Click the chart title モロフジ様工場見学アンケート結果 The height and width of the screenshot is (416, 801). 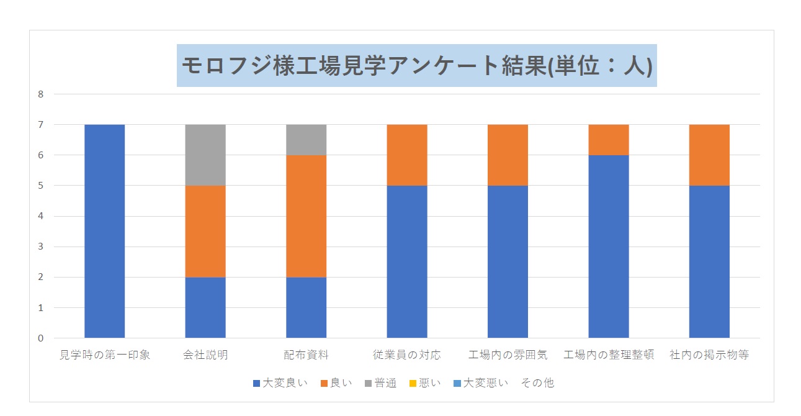click(416, 65)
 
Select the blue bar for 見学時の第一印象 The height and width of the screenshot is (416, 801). click(104, 231)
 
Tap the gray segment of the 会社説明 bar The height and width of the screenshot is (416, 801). click(205, 155)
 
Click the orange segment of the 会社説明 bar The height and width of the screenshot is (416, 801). click(205, 231)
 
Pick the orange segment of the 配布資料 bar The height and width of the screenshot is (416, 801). click(306, 215)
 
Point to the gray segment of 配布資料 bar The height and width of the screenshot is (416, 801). click(306, 140)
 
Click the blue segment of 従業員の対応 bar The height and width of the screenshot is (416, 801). click(407, 261)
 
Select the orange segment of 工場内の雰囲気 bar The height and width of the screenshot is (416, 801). click(508, 155)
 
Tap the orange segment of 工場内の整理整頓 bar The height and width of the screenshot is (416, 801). click(609, 140)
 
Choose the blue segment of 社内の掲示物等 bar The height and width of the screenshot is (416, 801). click(709, 261)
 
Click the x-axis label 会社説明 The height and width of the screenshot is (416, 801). click(205, 355)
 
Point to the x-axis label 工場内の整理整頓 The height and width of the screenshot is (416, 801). click(609, 355)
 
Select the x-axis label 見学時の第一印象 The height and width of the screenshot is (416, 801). click(104, 355)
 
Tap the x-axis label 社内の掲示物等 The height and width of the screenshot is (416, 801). click(709, 355)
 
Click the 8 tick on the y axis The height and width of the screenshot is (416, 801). click(41, 94)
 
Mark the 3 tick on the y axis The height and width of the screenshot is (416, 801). click(41, 246)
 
